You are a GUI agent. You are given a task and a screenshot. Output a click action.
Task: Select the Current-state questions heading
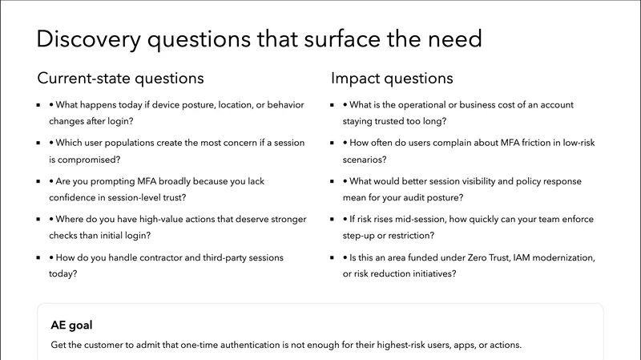tap(120, 79)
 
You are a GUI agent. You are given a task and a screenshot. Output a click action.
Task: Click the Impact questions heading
tap(392, 79)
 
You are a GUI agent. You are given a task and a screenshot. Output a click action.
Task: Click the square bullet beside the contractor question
tap(39, 258)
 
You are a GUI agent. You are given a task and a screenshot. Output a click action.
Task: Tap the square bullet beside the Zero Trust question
tap(333, 258)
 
